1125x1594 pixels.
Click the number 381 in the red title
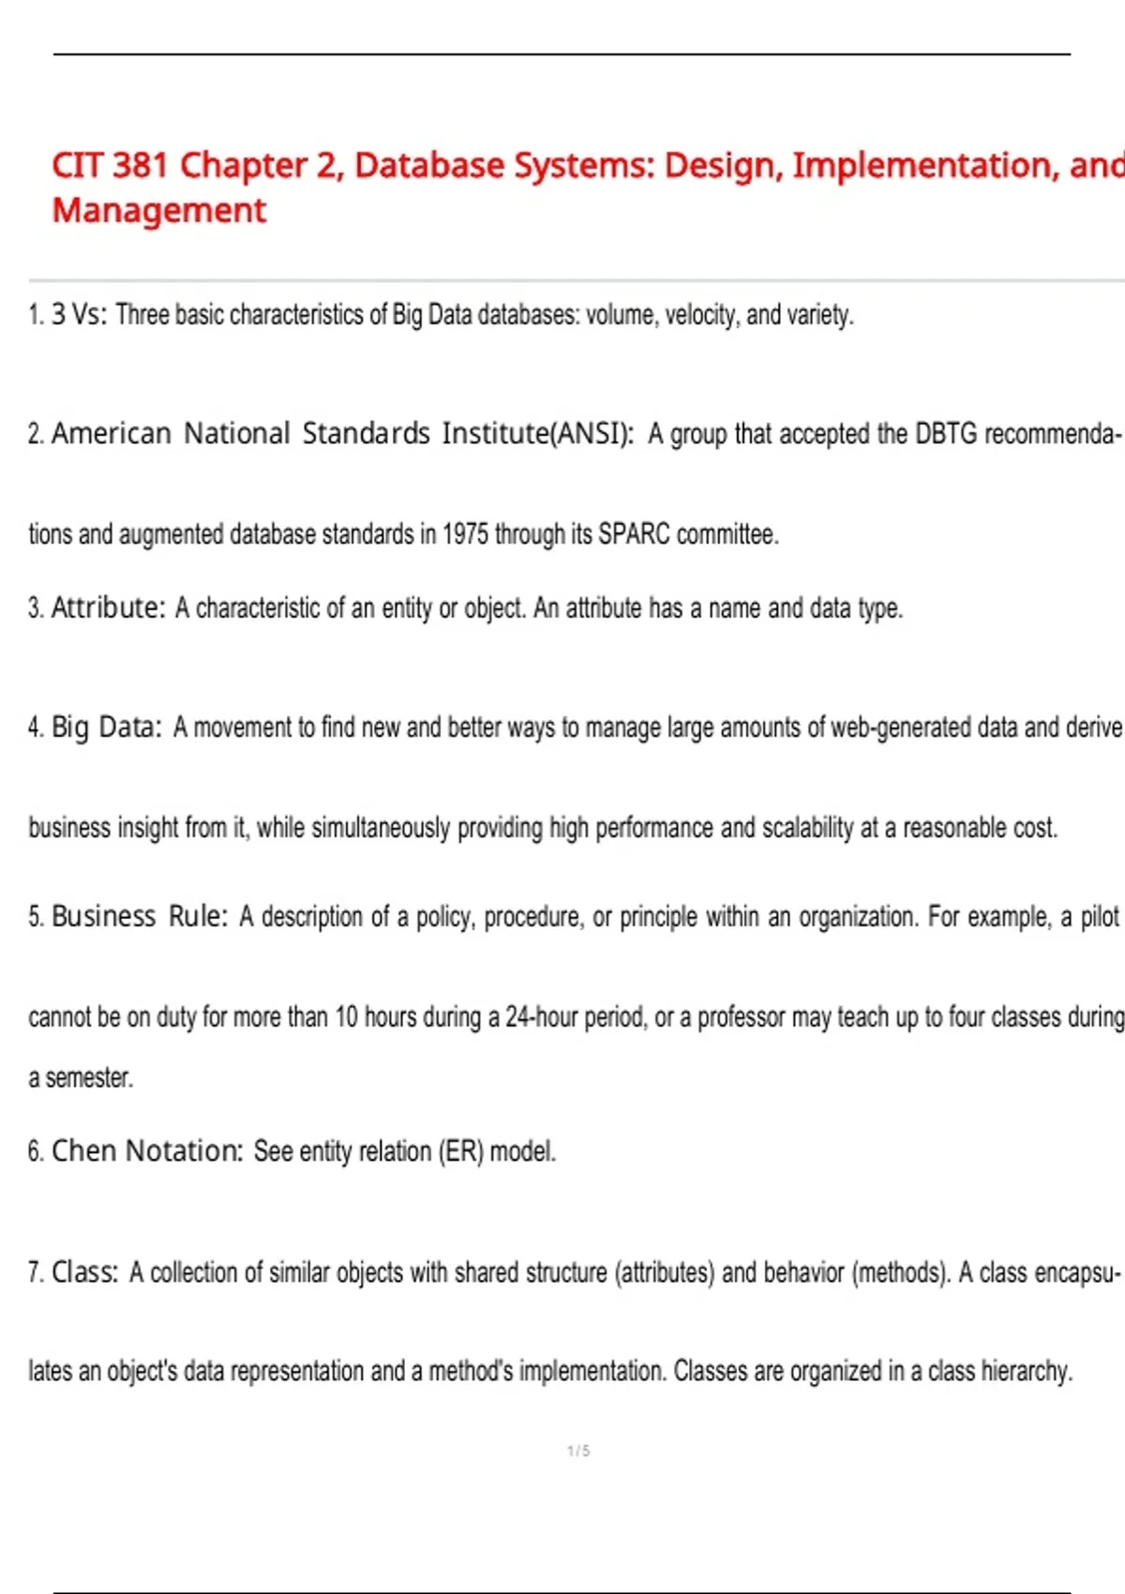(140, 166)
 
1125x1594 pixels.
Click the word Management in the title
(158, 211)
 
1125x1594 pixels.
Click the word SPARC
(634, 534)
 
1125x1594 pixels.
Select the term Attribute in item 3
(108, 609)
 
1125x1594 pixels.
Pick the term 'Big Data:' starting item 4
(106, 728)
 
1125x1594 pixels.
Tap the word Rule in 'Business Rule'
(198, 916)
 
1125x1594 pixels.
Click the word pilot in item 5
(1100, 916)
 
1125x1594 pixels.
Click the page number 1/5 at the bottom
(578, 1451)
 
